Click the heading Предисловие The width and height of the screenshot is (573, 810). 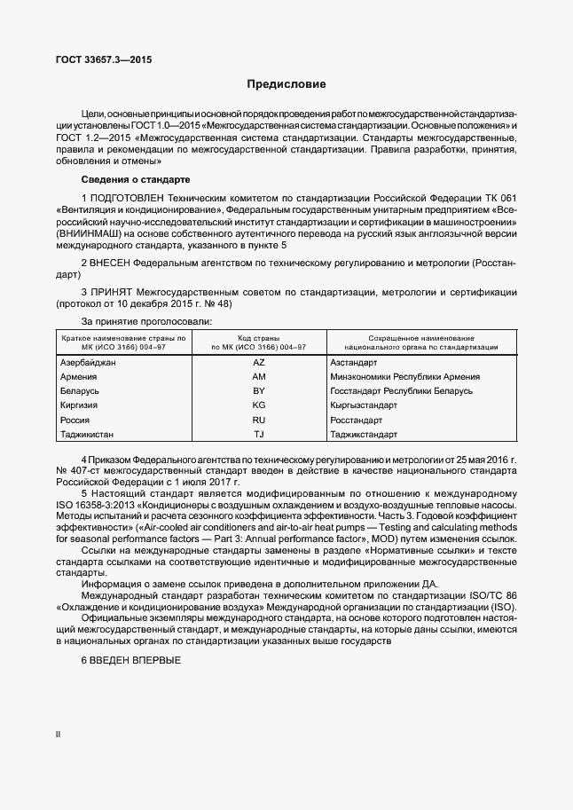tap(286, 84)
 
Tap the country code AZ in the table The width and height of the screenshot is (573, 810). tap(259, 362)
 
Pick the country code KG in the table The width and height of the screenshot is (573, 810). tap(259, 405)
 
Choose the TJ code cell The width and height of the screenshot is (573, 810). tap(259, 434)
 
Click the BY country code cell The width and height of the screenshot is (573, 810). tap(259, 390)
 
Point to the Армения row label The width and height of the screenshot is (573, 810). tap(79, 376)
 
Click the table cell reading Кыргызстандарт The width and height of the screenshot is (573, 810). tap(364, 405)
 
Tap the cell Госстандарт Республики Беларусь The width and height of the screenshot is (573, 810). tap(401, 390)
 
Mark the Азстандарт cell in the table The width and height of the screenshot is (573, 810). tap(354, 362)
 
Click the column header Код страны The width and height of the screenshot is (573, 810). tap(259, 338)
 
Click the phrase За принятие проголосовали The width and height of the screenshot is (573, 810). tap(146, 320)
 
